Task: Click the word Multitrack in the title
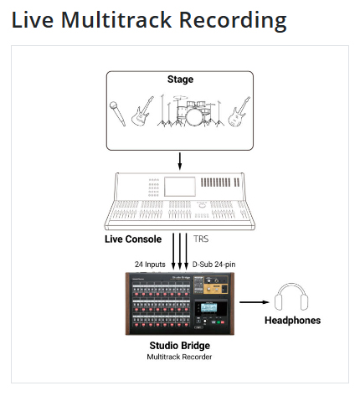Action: coord(116,20)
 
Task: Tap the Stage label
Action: coord(180,80)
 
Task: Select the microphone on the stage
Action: coord(117,114)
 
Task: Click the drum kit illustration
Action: coord(190,111)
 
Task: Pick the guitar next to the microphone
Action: coord(141,111)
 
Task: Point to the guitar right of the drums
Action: coord(239,111)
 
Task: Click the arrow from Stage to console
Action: coord(180,161)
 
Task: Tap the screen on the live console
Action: coord(180,187)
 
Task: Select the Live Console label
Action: coord(133,239)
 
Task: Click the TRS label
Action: coord(201,239)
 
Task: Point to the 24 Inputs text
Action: coord(150,265)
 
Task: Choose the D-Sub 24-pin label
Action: coord(213,265)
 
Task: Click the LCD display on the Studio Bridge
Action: coord(209,307)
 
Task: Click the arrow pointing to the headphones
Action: coord(255,302)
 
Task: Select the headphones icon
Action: coord(291,297)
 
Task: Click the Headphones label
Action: coord(292,321)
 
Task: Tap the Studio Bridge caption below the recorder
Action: coord(180,346)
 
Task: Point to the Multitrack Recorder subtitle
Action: coord(179,357)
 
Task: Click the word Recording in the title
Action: coord(233,21)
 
